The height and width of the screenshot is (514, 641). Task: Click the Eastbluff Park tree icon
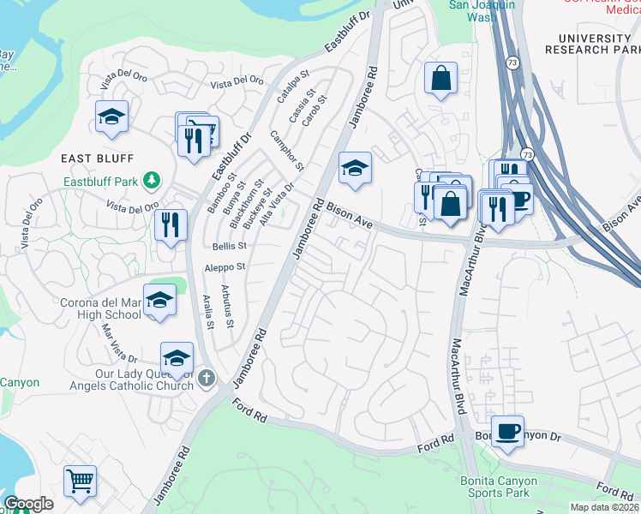point(152,180)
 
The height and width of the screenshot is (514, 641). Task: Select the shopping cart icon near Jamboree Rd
point(80,481)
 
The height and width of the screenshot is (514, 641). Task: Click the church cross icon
point(206,378)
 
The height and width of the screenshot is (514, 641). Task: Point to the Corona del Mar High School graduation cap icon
point(159,301)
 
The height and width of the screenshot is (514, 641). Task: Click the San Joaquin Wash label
point(484,9)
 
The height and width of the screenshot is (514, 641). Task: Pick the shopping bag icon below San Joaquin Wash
point(440,79)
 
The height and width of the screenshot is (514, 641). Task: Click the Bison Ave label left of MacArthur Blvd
point(350,215)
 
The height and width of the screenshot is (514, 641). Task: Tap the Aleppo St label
point(225,267)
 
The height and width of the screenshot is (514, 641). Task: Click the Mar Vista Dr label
point(120,340)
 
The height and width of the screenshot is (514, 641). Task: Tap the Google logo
point(28,504)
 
